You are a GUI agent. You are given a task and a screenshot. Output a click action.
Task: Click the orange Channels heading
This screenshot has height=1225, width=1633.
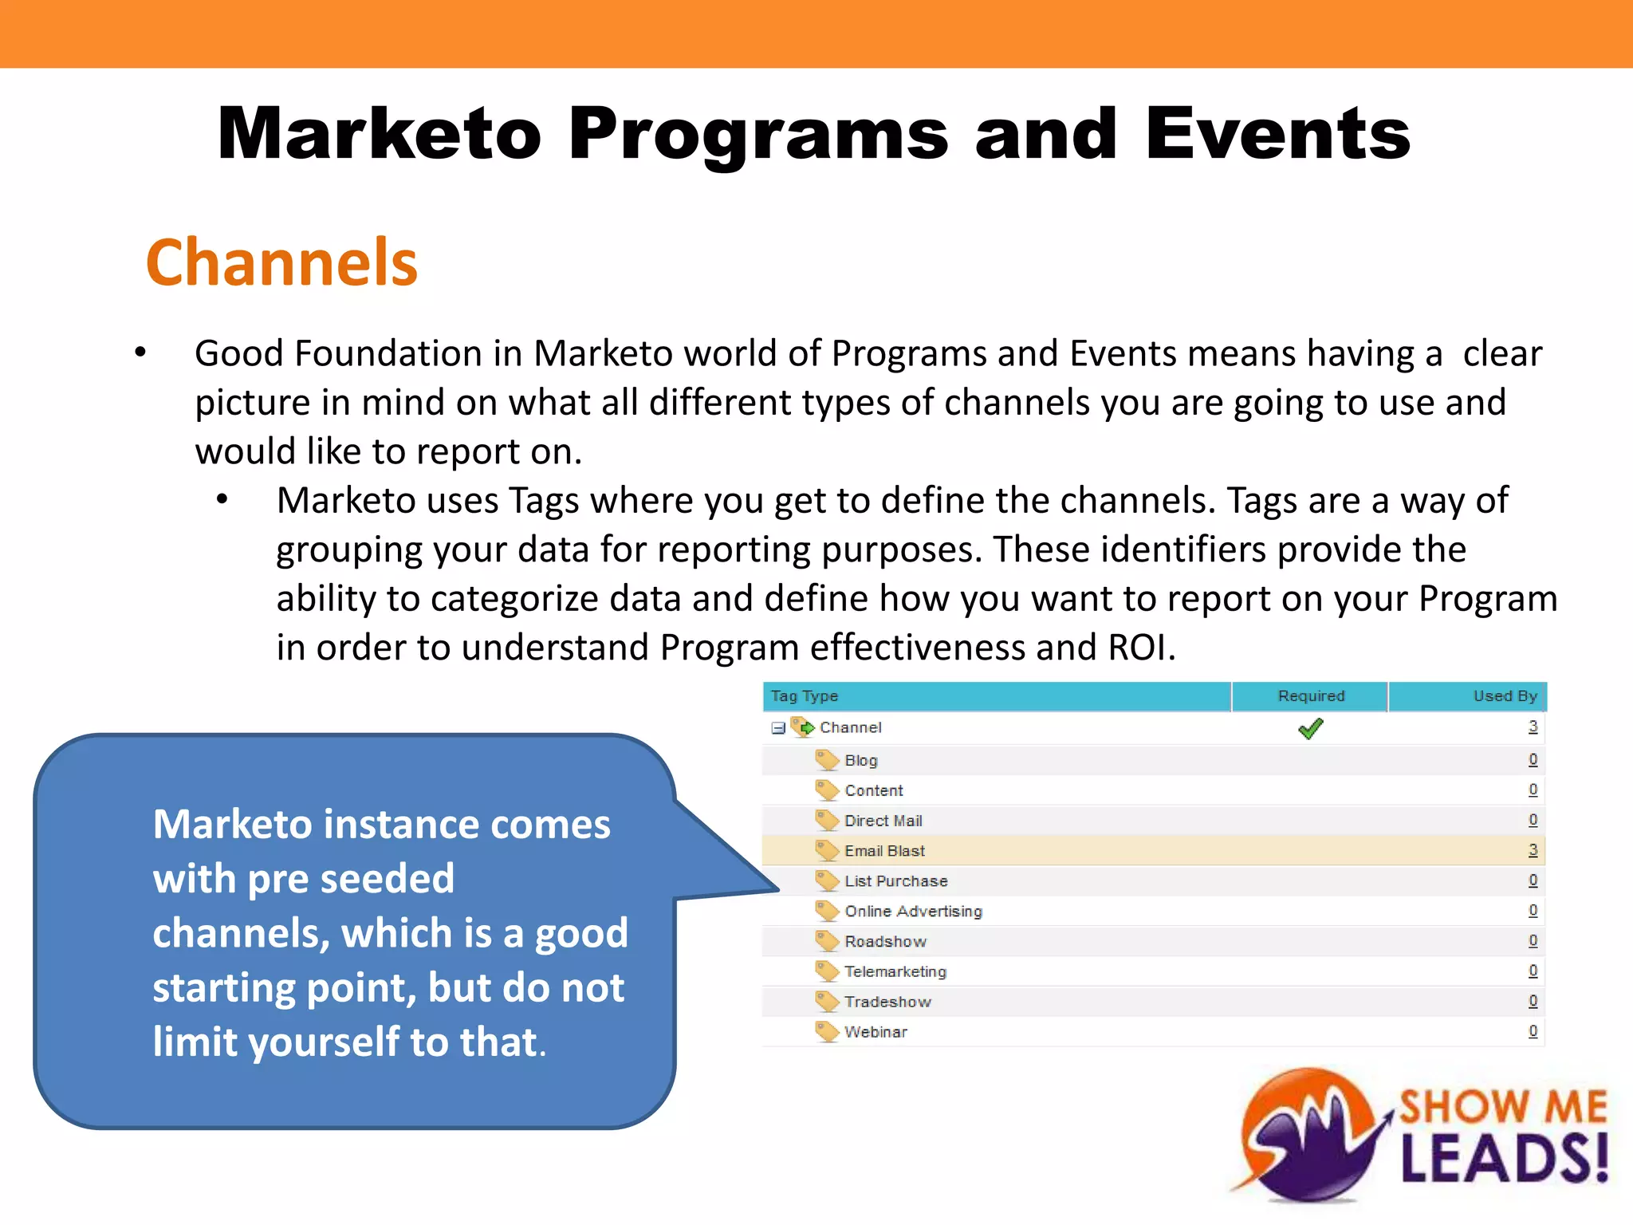281,262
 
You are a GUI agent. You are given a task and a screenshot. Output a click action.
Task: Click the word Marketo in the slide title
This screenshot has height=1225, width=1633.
380,133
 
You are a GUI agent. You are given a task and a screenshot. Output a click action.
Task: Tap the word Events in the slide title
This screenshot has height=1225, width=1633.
1277,133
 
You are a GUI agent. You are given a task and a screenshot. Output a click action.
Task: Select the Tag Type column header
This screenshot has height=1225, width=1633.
805,696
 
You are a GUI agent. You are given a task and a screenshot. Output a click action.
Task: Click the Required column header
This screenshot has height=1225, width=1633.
1311,696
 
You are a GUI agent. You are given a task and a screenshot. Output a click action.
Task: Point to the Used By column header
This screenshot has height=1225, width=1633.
1505,696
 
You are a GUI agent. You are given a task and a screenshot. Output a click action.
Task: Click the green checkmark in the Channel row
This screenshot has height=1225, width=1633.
1310,728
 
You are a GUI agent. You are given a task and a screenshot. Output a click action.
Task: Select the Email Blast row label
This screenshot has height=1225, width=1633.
884,851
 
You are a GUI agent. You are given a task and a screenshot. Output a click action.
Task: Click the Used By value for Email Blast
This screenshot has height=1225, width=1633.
1533,850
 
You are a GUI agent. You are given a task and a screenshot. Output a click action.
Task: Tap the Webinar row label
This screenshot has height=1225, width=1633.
876,1032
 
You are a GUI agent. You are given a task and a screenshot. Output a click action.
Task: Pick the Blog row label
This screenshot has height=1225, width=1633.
861,761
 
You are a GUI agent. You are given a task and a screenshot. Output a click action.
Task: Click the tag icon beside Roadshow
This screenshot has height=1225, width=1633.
827,941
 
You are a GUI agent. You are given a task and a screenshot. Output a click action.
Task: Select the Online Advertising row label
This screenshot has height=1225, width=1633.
913,912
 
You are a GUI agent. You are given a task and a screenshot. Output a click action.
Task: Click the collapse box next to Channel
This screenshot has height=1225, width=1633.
778,728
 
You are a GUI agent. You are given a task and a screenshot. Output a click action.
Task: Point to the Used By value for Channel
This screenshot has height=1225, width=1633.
1533,727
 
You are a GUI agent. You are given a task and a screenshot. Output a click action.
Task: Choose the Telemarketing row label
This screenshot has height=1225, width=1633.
895,971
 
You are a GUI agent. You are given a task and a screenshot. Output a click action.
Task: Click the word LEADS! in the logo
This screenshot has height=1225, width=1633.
1504,1158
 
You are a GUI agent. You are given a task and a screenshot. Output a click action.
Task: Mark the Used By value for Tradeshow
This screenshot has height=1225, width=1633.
1533,1001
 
